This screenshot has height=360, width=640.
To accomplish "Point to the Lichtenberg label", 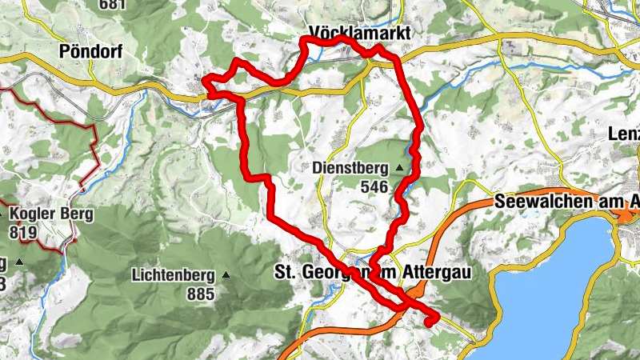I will click(174, 275).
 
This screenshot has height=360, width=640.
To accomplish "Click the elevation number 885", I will click(201, 294).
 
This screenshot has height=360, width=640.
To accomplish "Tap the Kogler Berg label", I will click(51, 214).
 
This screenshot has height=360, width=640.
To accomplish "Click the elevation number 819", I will click(25, 232).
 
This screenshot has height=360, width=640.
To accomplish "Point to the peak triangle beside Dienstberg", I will click(398, 168).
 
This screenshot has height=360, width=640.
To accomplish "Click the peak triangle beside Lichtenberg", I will click(225, 275).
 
